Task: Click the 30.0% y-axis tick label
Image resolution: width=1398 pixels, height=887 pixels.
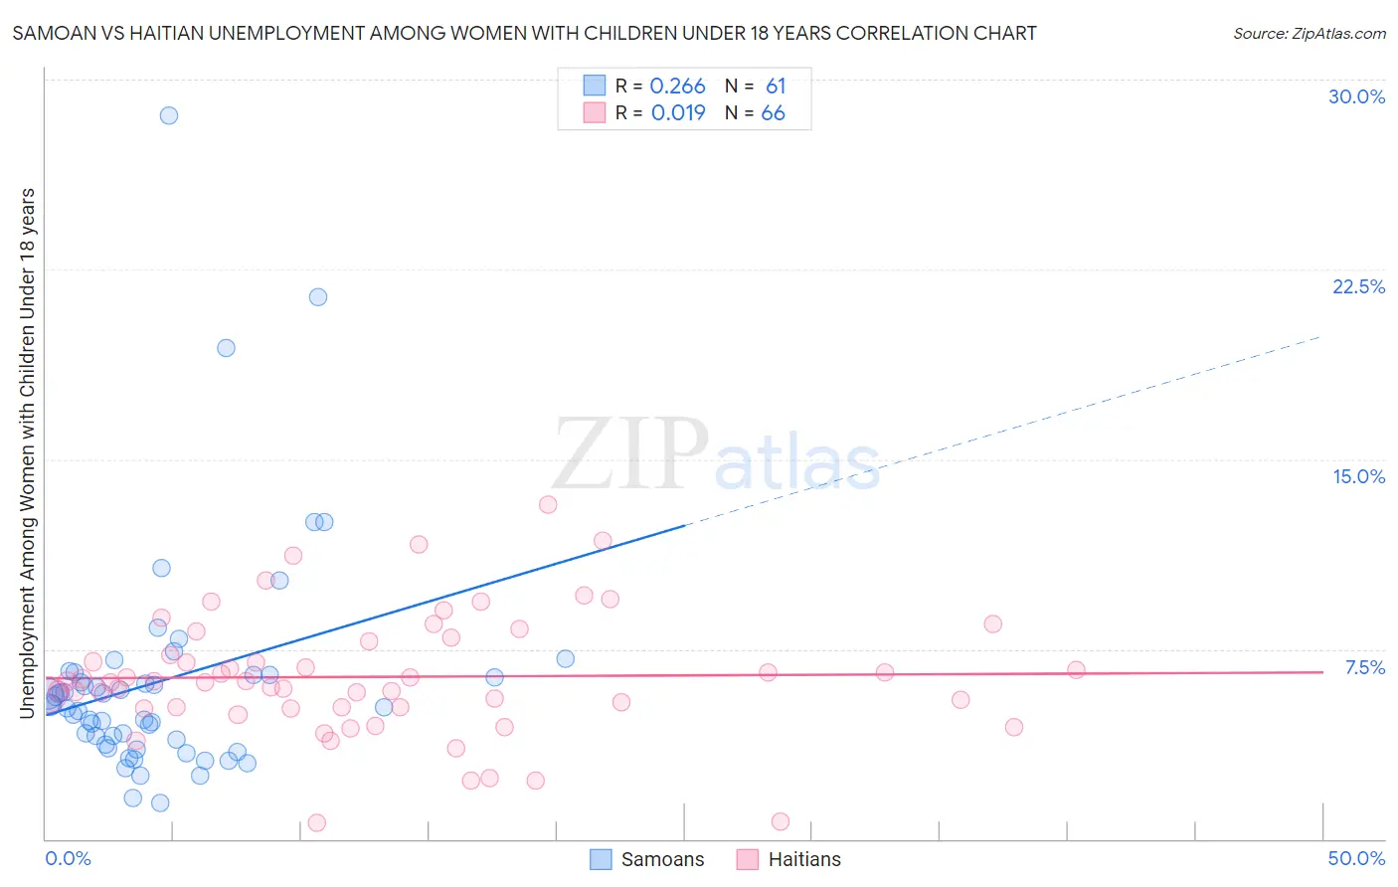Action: (1356, 96)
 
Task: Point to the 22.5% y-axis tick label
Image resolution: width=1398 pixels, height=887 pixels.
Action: (1358, 286)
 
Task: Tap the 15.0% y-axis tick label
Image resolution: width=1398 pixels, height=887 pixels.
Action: (1358, 476)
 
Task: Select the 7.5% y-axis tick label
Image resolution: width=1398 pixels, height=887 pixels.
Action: (1364, 667)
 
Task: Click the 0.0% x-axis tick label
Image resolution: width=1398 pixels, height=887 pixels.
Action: (68, 858)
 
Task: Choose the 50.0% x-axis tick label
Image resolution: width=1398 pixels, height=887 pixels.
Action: (1356, 858)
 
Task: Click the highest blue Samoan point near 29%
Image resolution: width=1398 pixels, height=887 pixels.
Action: (169, 115)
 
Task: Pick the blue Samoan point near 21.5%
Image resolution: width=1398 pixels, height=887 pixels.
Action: (318, 296)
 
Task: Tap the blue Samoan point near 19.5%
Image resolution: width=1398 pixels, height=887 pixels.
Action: (226, 348)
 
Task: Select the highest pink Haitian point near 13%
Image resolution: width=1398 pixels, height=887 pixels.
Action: (548, 504)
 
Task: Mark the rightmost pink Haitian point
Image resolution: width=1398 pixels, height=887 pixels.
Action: (1076, 669)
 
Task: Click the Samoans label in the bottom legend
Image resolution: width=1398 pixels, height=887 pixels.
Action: (662, 859)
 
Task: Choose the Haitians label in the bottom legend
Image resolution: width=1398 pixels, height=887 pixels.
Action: (804, 859)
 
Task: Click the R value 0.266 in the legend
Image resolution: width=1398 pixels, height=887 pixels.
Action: (677, 87)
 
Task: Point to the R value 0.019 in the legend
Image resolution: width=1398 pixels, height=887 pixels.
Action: (678, 113)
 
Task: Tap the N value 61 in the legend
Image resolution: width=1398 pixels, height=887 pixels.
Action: (776, 87)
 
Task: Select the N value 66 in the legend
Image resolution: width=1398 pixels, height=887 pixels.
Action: (773, 113)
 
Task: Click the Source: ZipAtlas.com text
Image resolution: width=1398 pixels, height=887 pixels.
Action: (1309, 34)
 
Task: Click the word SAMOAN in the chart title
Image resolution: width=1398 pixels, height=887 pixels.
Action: (53, 34)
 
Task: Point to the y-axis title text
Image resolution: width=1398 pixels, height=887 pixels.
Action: (27, 452)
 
